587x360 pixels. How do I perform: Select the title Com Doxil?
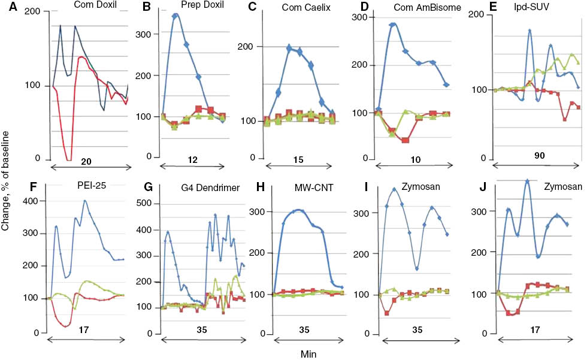point(94,5)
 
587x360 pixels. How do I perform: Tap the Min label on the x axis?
point(308,354)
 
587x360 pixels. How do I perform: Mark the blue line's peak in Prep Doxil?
point(176,16)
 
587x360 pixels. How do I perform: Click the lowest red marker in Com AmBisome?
point(406,140)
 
